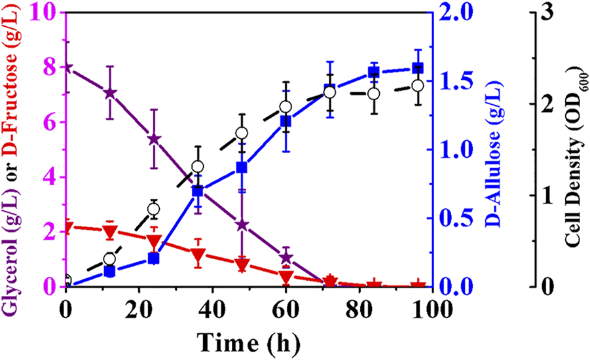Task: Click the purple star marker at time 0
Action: [x=66, y=67]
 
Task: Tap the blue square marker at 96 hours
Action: [x=417, y=69]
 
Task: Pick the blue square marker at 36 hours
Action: [x=197, y=191]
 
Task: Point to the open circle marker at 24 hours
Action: [x=153, y=209]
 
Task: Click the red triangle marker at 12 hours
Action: [x=110, y=231]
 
